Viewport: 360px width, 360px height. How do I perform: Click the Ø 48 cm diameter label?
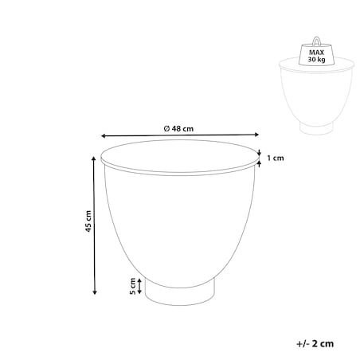[178, 129]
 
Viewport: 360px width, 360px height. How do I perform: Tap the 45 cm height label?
[88, 221]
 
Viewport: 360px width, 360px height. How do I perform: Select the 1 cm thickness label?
[276, 158]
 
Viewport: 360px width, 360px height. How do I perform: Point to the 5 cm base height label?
[132, 286]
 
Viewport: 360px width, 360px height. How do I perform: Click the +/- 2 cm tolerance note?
[315, 343]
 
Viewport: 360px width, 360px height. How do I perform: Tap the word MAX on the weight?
[316, 53]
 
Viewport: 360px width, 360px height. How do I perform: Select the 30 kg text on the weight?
[316, 59]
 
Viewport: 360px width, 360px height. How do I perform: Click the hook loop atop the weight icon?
[316, 41]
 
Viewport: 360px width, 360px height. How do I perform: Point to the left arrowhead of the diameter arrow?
[104, 136]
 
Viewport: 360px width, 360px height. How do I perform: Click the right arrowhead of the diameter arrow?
[256, 135]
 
